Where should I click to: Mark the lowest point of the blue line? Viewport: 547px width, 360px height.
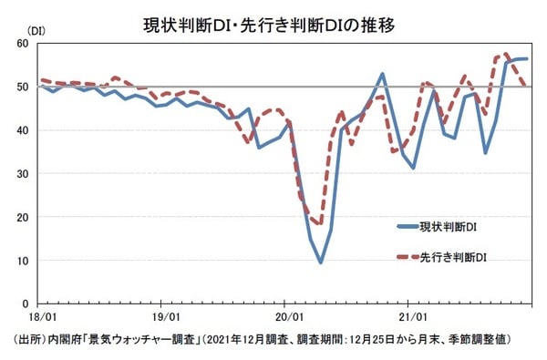(321, 262)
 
